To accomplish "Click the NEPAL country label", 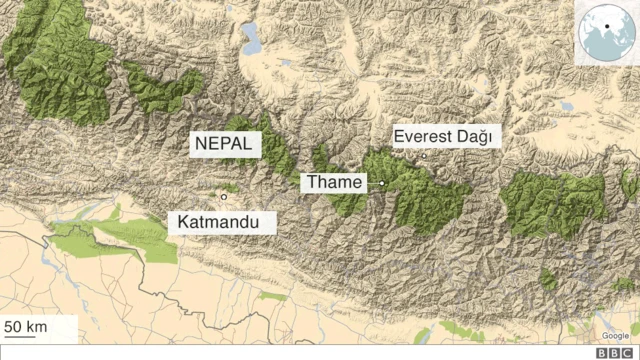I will click(227, 144).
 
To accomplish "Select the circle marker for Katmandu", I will click(224, 197).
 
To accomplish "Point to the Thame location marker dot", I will click(382, 183).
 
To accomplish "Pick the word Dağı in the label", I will click(476, 136).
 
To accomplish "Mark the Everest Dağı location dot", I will click(423, 156).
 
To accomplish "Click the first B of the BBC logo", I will click(602, 353).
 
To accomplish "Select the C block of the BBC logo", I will click(629, 353).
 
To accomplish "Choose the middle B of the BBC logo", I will click(615, 353).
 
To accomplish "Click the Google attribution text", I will click(616, 335).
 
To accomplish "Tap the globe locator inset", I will click(606, 33).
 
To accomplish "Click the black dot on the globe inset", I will click(605, 26).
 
